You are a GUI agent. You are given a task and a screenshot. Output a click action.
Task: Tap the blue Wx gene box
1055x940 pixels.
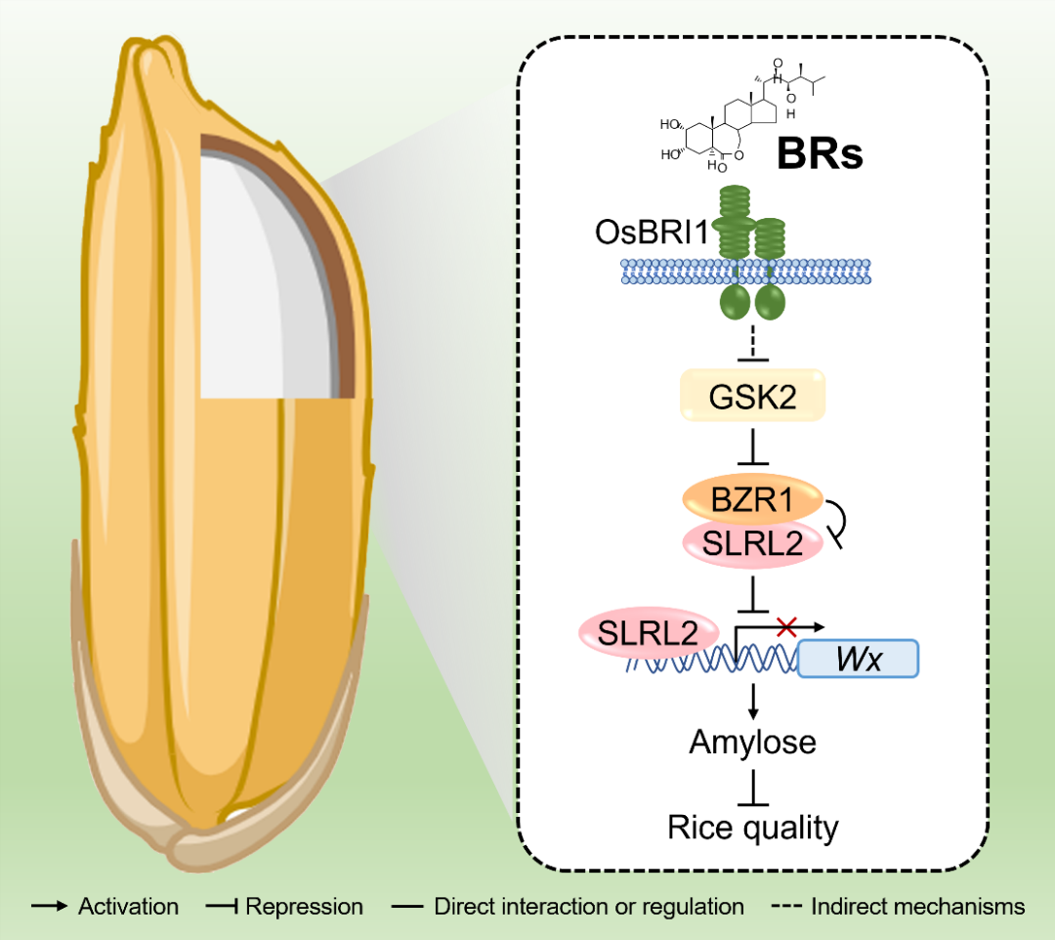859,660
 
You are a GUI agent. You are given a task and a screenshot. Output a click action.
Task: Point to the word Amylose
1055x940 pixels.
752,743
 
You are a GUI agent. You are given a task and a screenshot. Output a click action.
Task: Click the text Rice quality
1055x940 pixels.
753,828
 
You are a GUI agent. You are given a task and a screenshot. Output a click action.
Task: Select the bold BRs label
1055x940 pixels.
820,153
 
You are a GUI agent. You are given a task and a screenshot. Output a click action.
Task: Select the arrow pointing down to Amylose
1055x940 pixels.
752,700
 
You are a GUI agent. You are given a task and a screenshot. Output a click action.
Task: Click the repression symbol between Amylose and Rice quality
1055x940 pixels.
752,788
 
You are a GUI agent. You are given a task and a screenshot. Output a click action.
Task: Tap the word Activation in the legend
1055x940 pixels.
128,907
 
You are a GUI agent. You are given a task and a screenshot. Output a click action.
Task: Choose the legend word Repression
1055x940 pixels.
304,907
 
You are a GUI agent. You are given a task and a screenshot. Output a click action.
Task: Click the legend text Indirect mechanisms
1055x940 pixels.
918,907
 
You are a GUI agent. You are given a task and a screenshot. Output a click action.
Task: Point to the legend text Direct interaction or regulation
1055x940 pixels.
589,907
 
